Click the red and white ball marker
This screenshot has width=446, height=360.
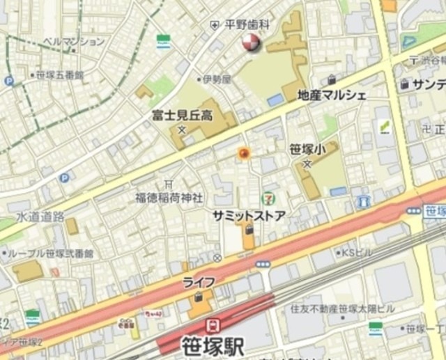pyautogui.click(x=250, y=44)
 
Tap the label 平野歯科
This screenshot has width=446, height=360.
pyautogui.click(x=247, y=24)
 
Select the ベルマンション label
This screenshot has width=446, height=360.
pyautogui.click(x=74, y=42)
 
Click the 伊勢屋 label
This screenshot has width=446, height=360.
pyautogui.click(x=216, y=79)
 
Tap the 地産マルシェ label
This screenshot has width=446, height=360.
pyautogui.click(x=331, y=95)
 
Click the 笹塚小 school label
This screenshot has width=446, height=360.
pyautogui.click(x=307, y=148)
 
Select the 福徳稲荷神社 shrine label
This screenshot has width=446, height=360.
pyautogui.click(x=169, y=198)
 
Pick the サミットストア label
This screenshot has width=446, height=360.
pyautogui.click(x=249, y=216)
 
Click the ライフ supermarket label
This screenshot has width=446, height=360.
pyautogui.click(x=199, y=281)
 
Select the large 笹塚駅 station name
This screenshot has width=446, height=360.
pyautogui.click(x=213, y=346)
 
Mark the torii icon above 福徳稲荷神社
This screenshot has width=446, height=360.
pyautogui.click(x=169, y=184)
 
